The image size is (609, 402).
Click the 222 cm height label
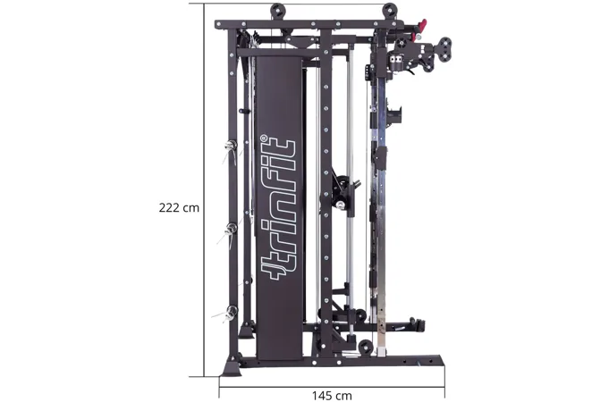coord(179,208)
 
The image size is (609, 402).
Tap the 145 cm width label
coord(332,396)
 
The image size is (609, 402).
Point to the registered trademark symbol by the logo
coord(264,138)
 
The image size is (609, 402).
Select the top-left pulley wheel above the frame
coord(278,11)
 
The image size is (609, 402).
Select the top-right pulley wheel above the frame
coord(390,11)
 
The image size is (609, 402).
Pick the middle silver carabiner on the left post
coord(231,230)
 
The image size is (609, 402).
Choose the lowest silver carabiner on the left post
coord(229,313)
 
